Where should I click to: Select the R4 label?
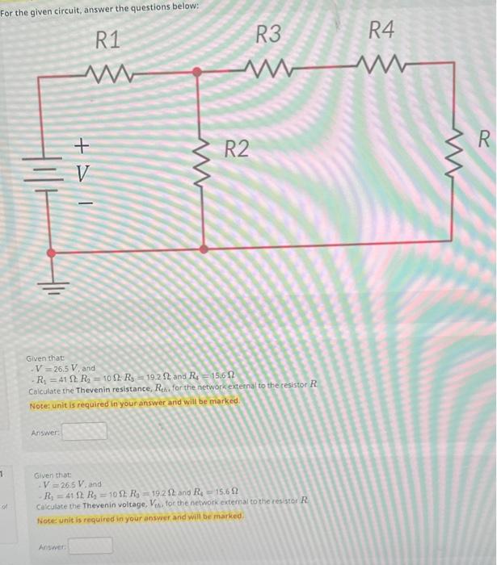pos(381,31)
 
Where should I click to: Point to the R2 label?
pos(238,149)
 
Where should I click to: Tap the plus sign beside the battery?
pos(80,145)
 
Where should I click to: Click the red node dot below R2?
pos(203,249)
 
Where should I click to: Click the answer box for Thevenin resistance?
pos(85,431)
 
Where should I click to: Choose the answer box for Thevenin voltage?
pos(91,546)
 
